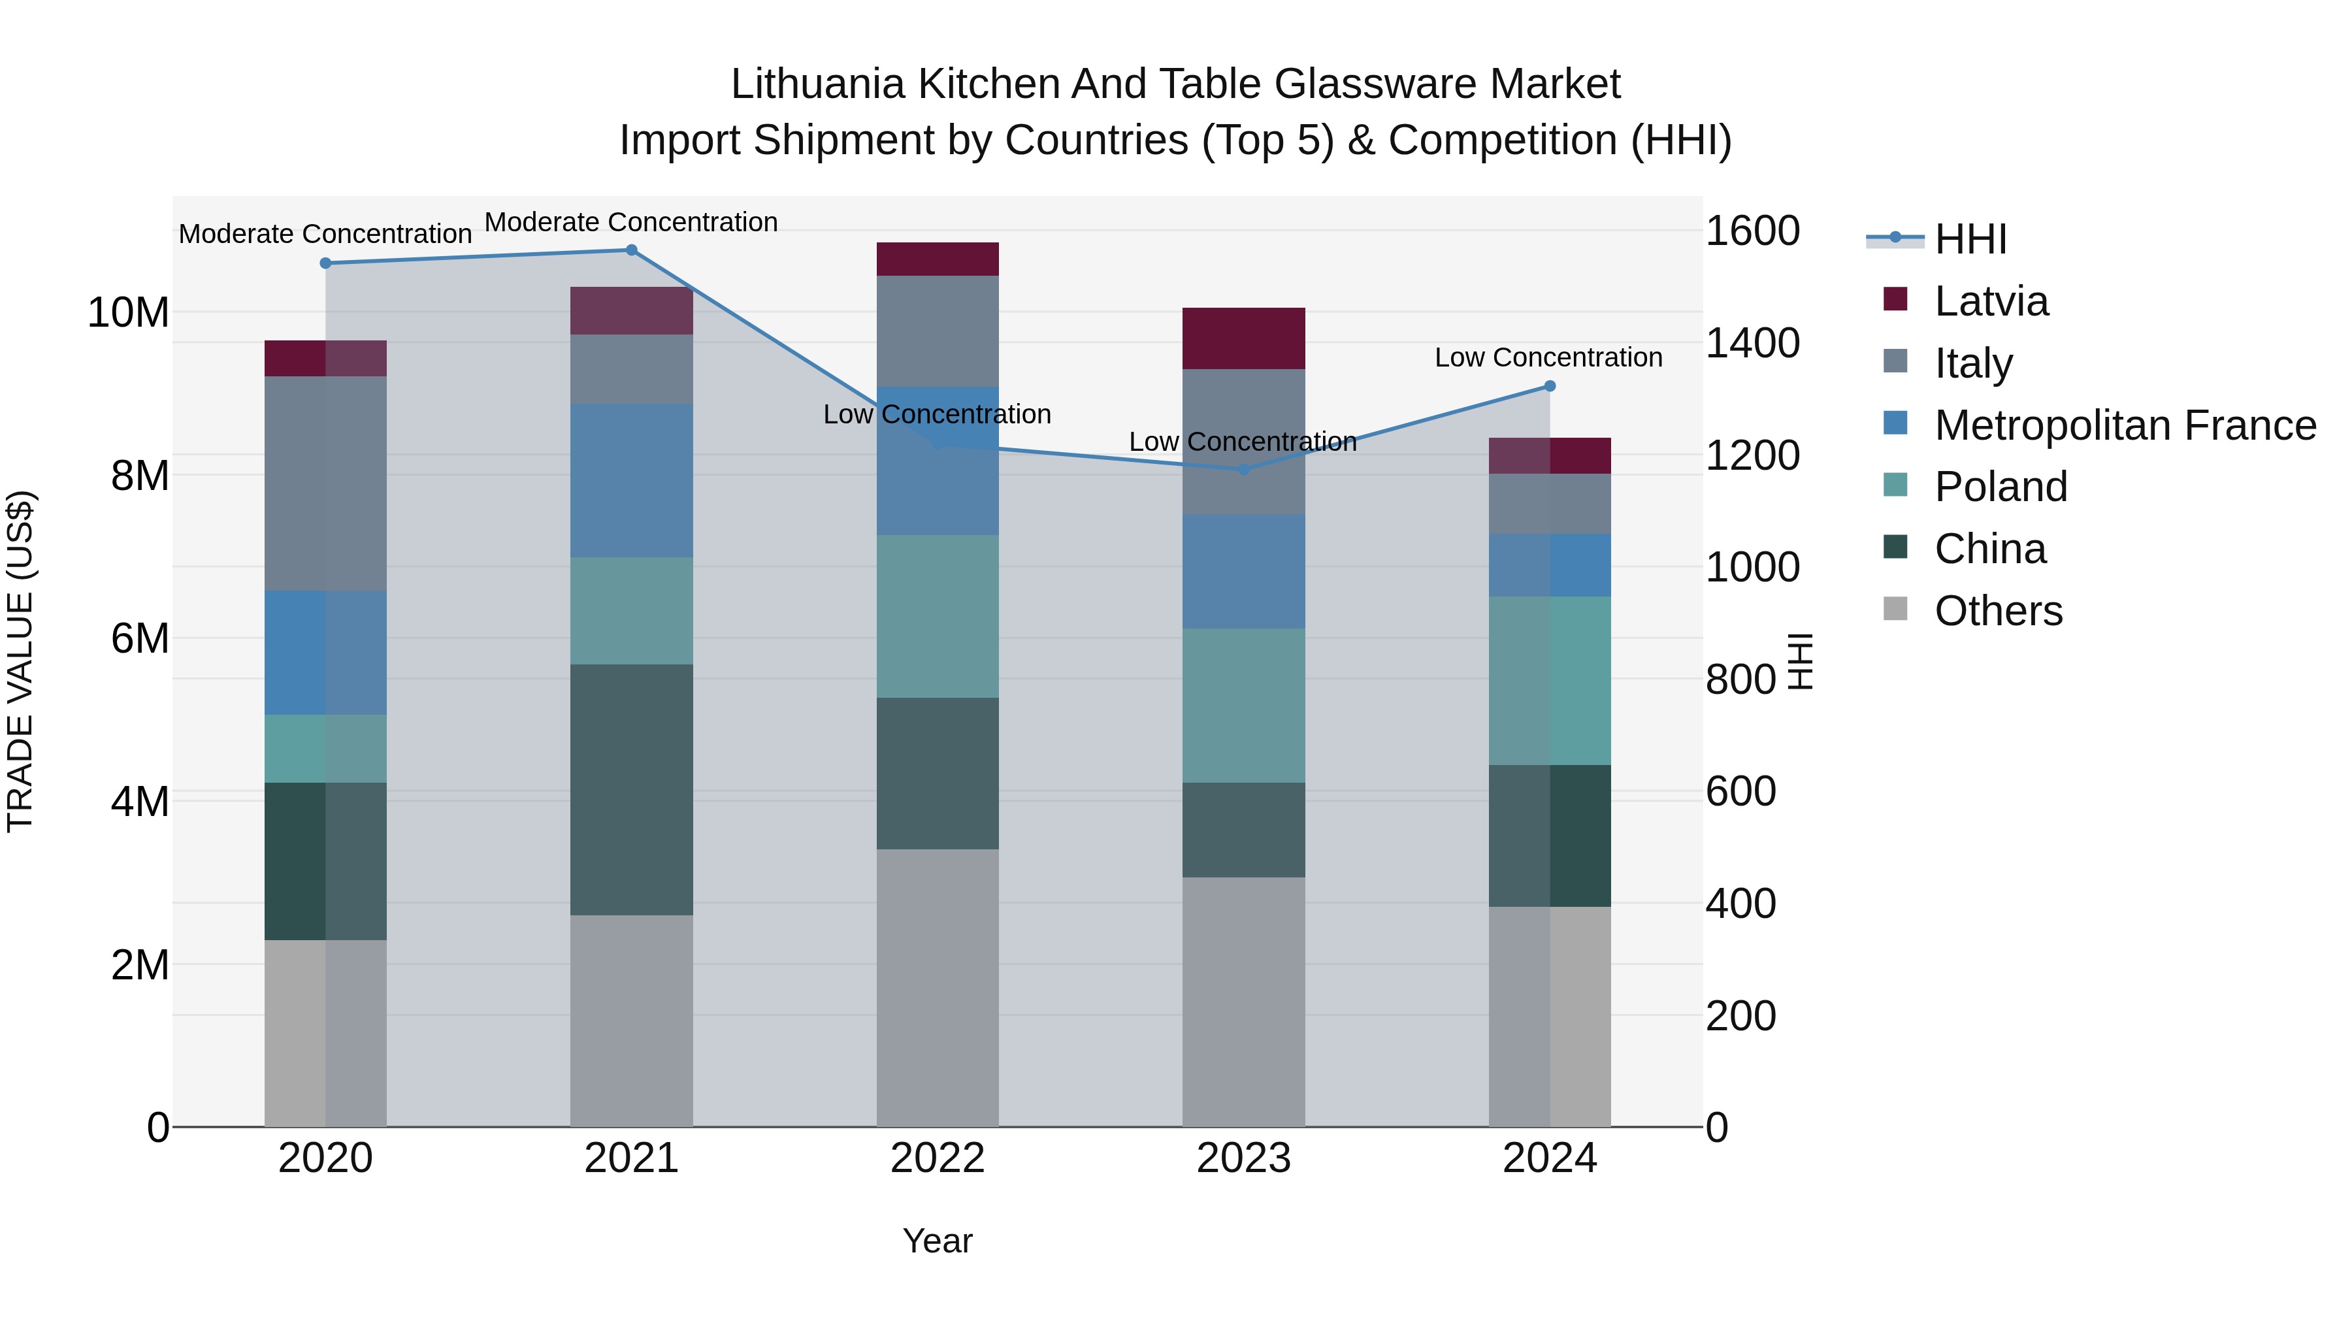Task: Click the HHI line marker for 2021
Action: click(x=631, y=250)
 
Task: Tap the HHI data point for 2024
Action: click(x=1550, y=386)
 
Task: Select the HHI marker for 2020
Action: click(x=326, y=263)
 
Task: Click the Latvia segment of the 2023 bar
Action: click(x=1243, y=338)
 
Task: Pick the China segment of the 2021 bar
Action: click(x=631, y=790)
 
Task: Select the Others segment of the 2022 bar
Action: click(x=938, y=988)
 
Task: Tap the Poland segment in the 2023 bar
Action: click(x=1243, y=706)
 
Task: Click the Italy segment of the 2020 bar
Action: click(x=326, y=484)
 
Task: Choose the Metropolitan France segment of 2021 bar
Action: click(x=631, y=481)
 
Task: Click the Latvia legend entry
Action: click(x=1991, y=301)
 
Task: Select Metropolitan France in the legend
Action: click(x=2125, y=425)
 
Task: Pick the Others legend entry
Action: click(x=1998, y=611)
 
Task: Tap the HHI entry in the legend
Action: click(x=1970, y=239)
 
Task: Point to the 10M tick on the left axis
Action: click(x=128, y=313)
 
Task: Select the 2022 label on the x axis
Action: click(x=938, y=1158)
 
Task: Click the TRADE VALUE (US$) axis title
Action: click(x=20, y=661)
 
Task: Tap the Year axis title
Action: click(x=938, y=1241)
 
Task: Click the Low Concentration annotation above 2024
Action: click(x=1548, y=358)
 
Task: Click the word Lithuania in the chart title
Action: click(x=817, y=84)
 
